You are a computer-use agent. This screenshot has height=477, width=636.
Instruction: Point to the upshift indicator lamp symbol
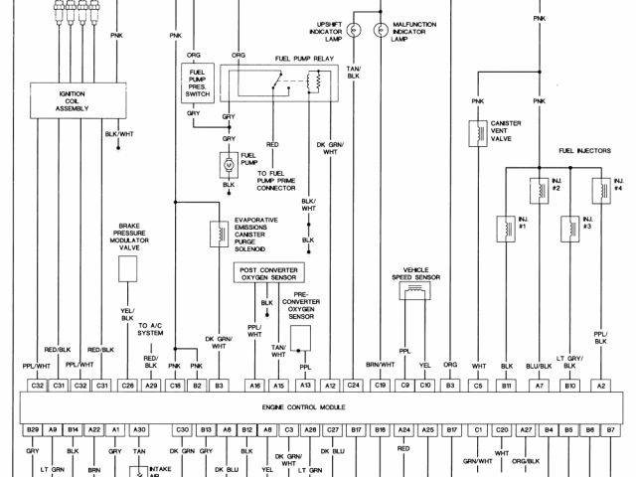[x=353, y=30]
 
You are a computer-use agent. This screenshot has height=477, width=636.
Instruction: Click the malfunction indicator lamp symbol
[x=379, y=30]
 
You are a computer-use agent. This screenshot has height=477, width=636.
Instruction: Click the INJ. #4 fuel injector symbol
[x=600, y=187]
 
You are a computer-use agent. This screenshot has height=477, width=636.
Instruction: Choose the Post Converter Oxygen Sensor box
[x=268, y=272]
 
